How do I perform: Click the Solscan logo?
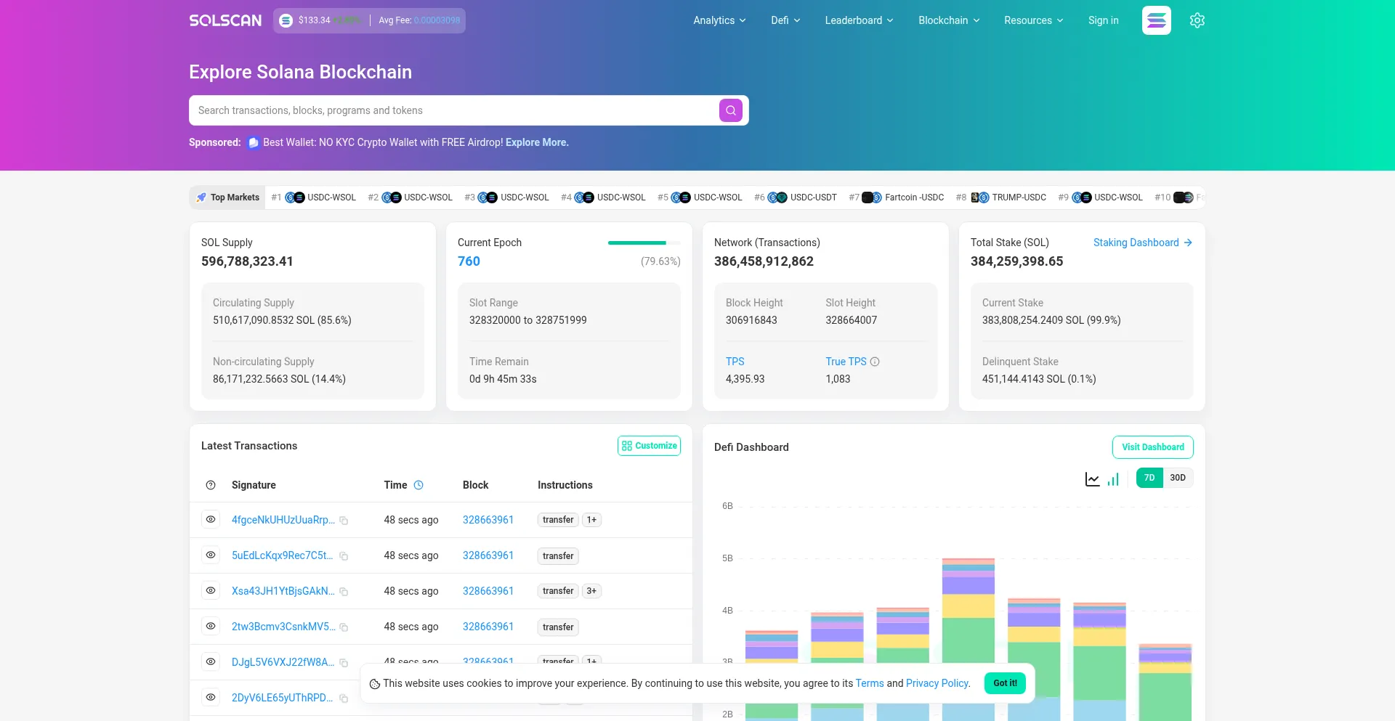[x=225, y=20]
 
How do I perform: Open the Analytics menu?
[x=719, y=20]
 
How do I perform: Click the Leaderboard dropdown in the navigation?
[x=859, y=20]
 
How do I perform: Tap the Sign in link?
[x=1103, y=20]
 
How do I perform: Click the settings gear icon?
[x=1197, y=20]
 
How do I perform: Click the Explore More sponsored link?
[x=537, y=142]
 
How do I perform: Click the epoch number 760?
[x=469, y=261]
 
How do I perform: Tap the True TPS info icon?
[x=875, y=362]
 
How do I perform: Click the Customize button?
[x=649, y=446]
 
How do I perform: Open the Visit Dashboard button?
[x=1152, y=447]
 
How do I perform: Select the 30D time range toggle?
[x=1178, y=478]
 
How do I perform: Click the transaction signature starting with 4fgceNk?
[x=283, y=520]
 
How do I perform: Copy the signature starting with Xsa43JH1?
[x=344, y=592]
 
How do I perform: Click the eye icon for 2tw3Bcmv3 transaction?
[x=211, y=626]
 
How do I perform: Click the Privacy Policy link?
[x=937, y=683]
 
